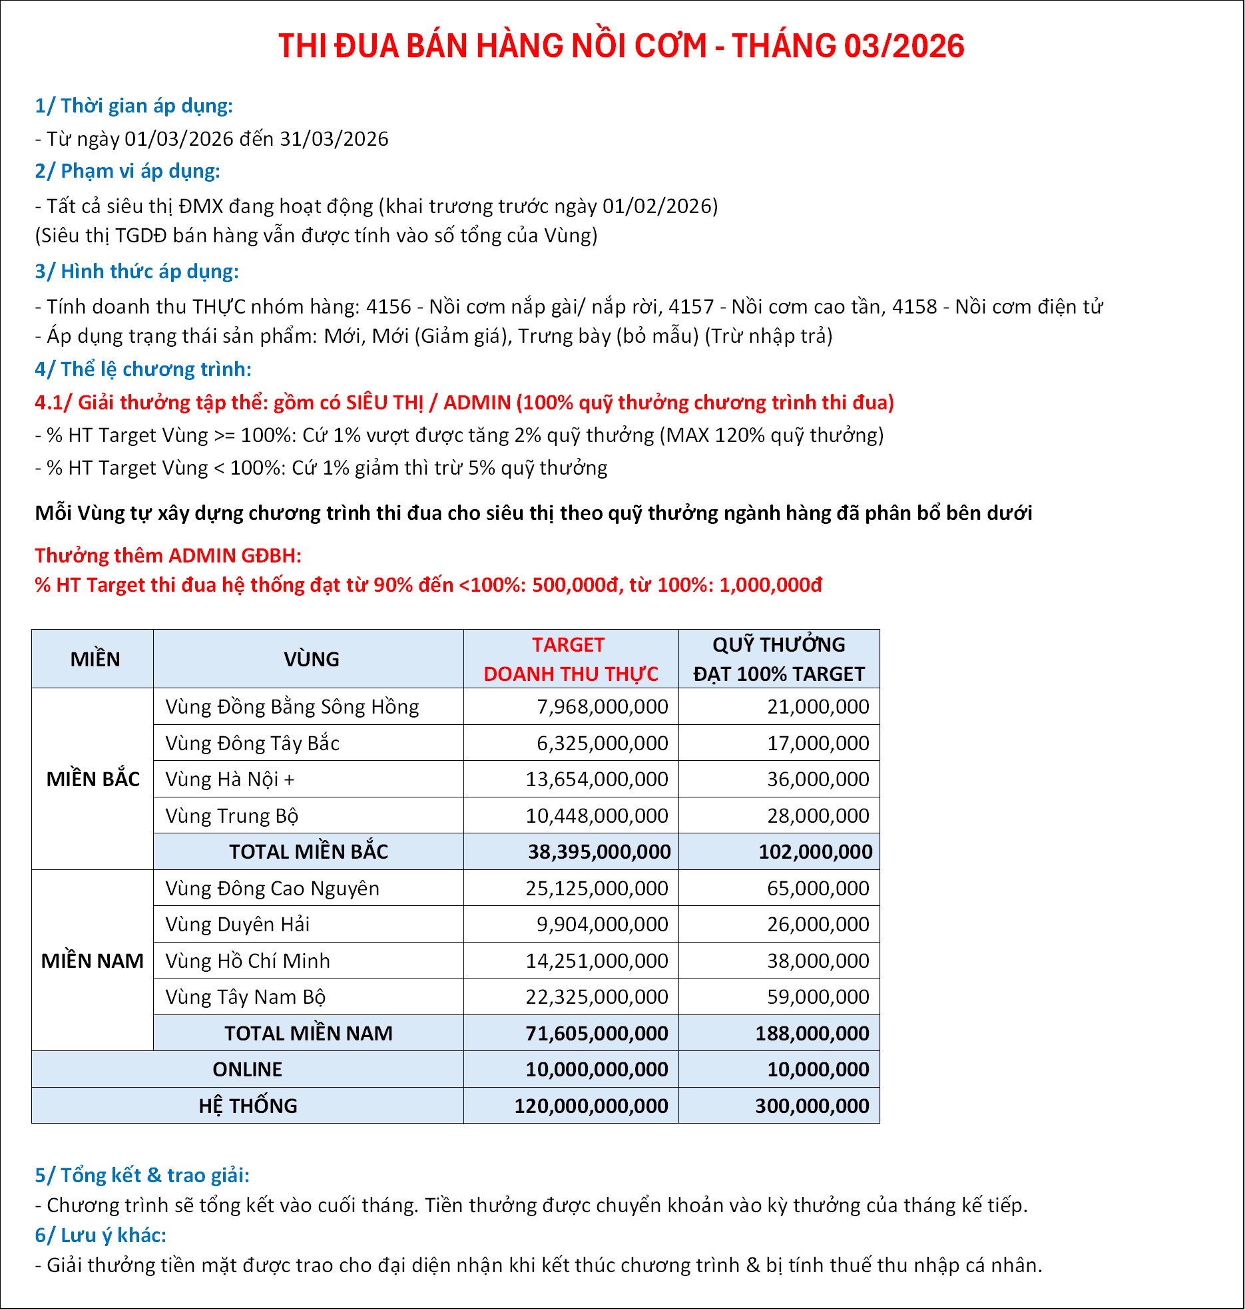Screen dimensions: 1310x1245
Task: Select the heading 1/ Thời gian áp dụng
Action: [134, 106]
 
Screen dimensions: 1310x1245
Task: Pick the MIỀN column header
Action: [95, 659]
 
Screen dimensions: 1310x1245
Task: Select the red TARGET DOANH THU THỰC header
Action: [570, 659]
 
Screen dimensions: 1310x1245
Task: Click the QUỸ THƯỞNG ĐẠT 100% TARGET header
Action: [778, 659]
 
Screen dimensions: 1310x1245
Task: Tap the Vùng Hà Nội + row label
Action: [230, 779]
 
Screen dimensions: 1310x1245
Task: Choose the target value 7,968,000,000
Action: [602, 707]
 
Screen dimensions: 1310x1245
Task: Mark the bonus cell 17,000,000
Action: [818, 743]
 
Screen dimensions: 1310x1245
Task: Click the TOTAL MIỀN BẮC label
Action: [308, 851]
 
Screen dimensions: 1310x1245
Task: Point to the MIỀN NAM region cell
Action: [93, 961]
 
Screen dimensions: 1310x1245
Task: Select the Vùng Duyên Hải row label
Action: [238, 924]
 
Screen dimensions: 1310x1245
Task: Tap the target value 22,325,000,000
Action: [597, 996]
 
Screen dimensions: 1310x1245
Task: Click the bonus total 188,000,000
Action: [812, 1033]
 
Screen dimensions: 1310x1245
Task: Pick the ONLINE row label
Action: [247, 1069]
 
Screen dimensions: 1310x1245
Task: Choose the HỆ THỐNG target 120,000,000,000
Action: [591, 1106]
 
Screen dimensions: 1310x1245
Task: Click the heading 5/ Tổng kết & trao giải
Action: [142, 1175]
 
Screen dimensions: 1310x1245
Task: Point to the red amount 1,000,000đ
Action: [770, 585]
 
